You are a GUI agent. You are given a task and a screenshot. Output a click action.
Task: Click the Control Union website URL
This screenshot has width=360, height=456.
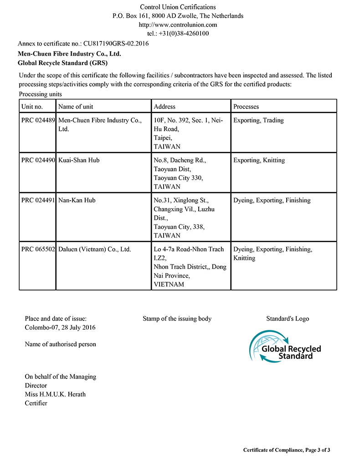pos(178,25)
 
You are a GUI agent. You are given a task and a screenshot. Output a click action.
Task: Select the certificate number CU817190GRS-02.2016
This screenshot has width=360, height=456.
pos(116,44)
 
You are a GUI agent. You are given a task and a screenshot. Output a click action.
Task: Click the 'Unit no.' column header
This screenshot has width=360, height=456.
pos(32,107)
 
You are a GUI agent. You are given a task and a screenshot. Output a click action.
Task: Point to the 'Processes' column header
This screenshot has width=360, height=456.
pos(246,107)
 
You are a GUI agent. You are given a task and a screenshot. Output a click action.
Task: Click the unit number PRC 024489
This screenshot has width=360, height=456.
pos(38,120)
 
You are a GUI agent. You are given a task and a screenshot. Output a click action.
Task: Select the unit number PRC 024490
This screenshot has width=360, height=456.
pos(38,161)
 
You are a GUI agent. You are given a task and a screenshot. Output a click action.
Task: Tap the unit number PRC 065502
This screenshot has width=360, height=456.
pos(38,249)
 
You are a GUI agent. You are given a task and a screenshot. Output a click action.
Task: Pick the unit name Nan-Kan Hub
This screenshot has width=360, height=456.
pos(77,200)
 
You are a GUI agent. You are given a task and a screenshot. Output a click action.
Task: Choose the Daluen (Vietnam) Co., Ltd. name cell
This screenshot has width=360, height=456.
pos(95,249)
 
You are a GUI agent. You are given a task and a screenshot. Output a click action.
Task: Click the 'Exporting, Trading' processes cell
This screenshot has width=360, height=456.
pos(258,120)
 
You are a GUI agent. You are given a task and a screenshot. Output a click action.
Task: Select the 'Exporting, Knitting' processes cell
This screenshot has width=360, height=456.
pos(259,161)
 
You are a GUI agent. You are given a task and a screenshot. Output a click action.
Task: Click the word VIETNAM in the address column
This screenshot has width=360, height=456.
pos(169,285)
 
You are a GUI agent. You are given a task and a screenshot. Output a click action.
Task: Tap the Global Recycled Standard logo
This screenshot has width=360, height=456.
pos(285,347)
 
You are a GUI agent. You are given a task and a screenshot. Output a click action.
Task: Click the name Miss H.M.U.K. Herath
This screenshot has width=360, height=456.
pos(55,394)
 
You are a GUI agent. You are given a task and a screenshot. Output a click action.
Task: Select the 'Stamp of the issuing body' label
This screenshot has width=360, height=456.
pos(177,319)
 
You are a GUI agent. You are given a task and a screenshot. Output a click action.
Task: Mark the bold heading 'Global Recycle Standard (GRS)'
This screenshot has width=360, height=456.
pos(62,63)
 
